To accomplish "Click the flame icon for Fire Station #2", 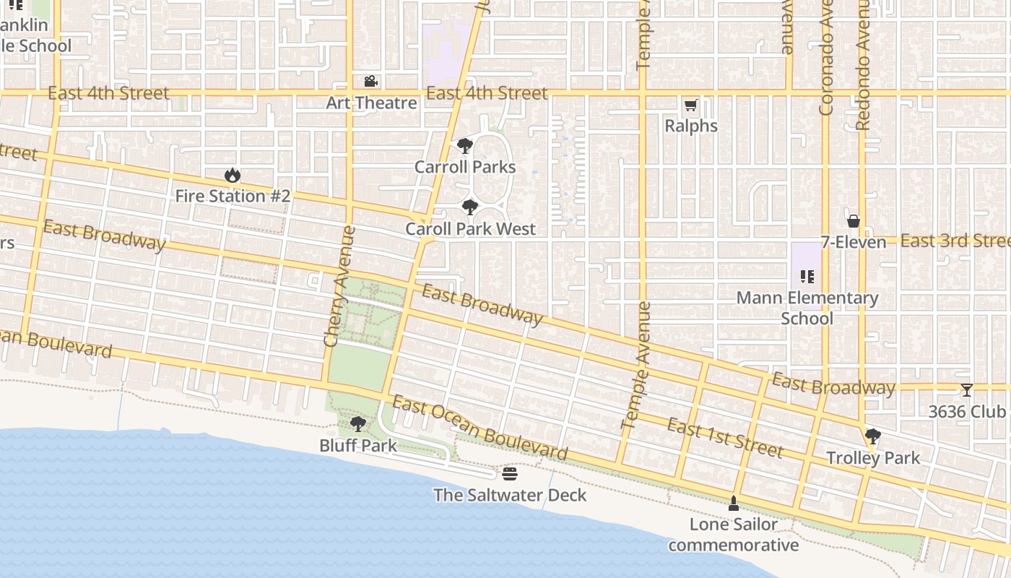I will pyautogui.click(x=232, y=176).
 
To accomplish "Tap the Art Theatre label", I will pyautogui.click(x=371, y=103).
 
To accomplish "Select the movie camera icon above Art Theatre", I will pyautogui.click(x=371, y=82).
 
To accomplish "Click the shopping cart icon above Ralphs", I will pyautogui.click(x=690, y=106).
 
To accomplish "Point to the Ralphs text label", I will pyautogui.click(x=691, y=126).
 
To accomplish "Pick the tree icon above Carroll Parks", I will pyautogui.click(x=465, y=147).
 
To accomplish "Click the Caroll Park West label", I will pyautogui.click(x=470, y=229).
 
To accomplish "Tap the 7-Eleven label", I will pyautogui.click(x=853, y=242).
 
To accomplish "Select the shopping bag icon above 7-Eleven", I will pyautogui.click(x=853, y=221).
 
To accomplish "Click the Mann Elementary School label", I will pyautogui.click(x=807, y=308).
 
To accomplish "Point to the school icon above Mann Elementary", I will pyautogui.click(x=807, y=276).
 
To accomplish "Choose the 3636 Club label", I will pyautogui.click(x=966, y=412).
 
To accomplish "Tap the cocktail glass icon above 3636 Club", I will pyautogui.click(x=966, y=390).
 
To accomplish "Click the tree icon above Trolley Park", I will pyautogui.click(x=872, y=436).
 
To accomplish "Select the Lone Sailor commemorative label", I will pyautogui.click(x=733, y=535).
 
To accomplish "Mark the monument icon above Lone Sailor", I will pyautogui.click(x=733, y=504).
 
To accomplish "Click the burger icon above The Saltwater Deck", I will pyautogui.click(x=510, y=474).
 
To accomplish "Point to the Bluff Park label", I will pyautogui.click(x=358, y=445).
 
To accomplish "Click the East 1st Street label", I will pyautogui.click(x=724, y=438).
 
